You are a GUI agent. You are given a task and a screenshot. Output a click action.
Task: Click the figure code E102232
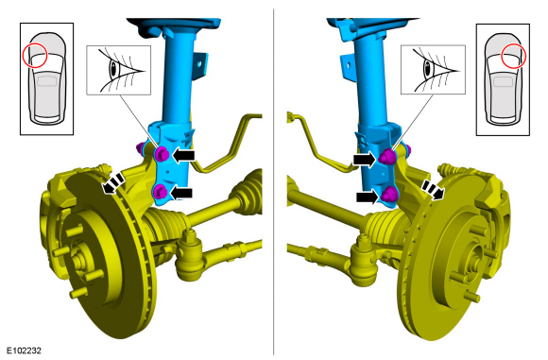tap(25, 351)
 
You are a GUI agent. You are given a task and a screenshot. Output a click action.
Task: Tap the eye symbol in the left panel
tap(118, 70)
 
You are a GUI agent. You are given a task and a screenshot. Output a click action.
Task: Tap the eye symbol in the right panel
tap(433, 70)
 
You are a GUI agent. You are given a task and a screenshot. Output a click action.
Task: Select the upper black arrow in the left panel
tap(183, 155)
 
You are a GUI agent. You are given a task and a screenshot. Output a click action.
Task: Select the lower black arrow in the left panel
tap(181, 193)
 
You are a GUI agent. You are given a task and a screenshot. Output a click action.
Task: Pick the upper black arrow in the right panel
tap(364, 160)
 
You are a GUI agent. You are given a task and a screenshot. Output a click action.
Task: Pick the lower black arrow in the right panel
tap(367, 197)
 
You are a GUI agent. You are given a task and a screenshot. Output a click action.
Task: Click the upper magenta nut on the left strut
tap(162, 154)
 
